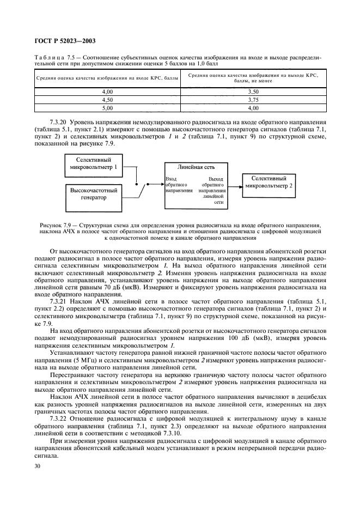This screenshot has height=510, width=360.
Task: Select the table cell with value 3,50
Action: click(252, 93)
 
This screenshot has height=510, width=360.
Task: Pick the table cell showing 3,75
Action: click(252, 100)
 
